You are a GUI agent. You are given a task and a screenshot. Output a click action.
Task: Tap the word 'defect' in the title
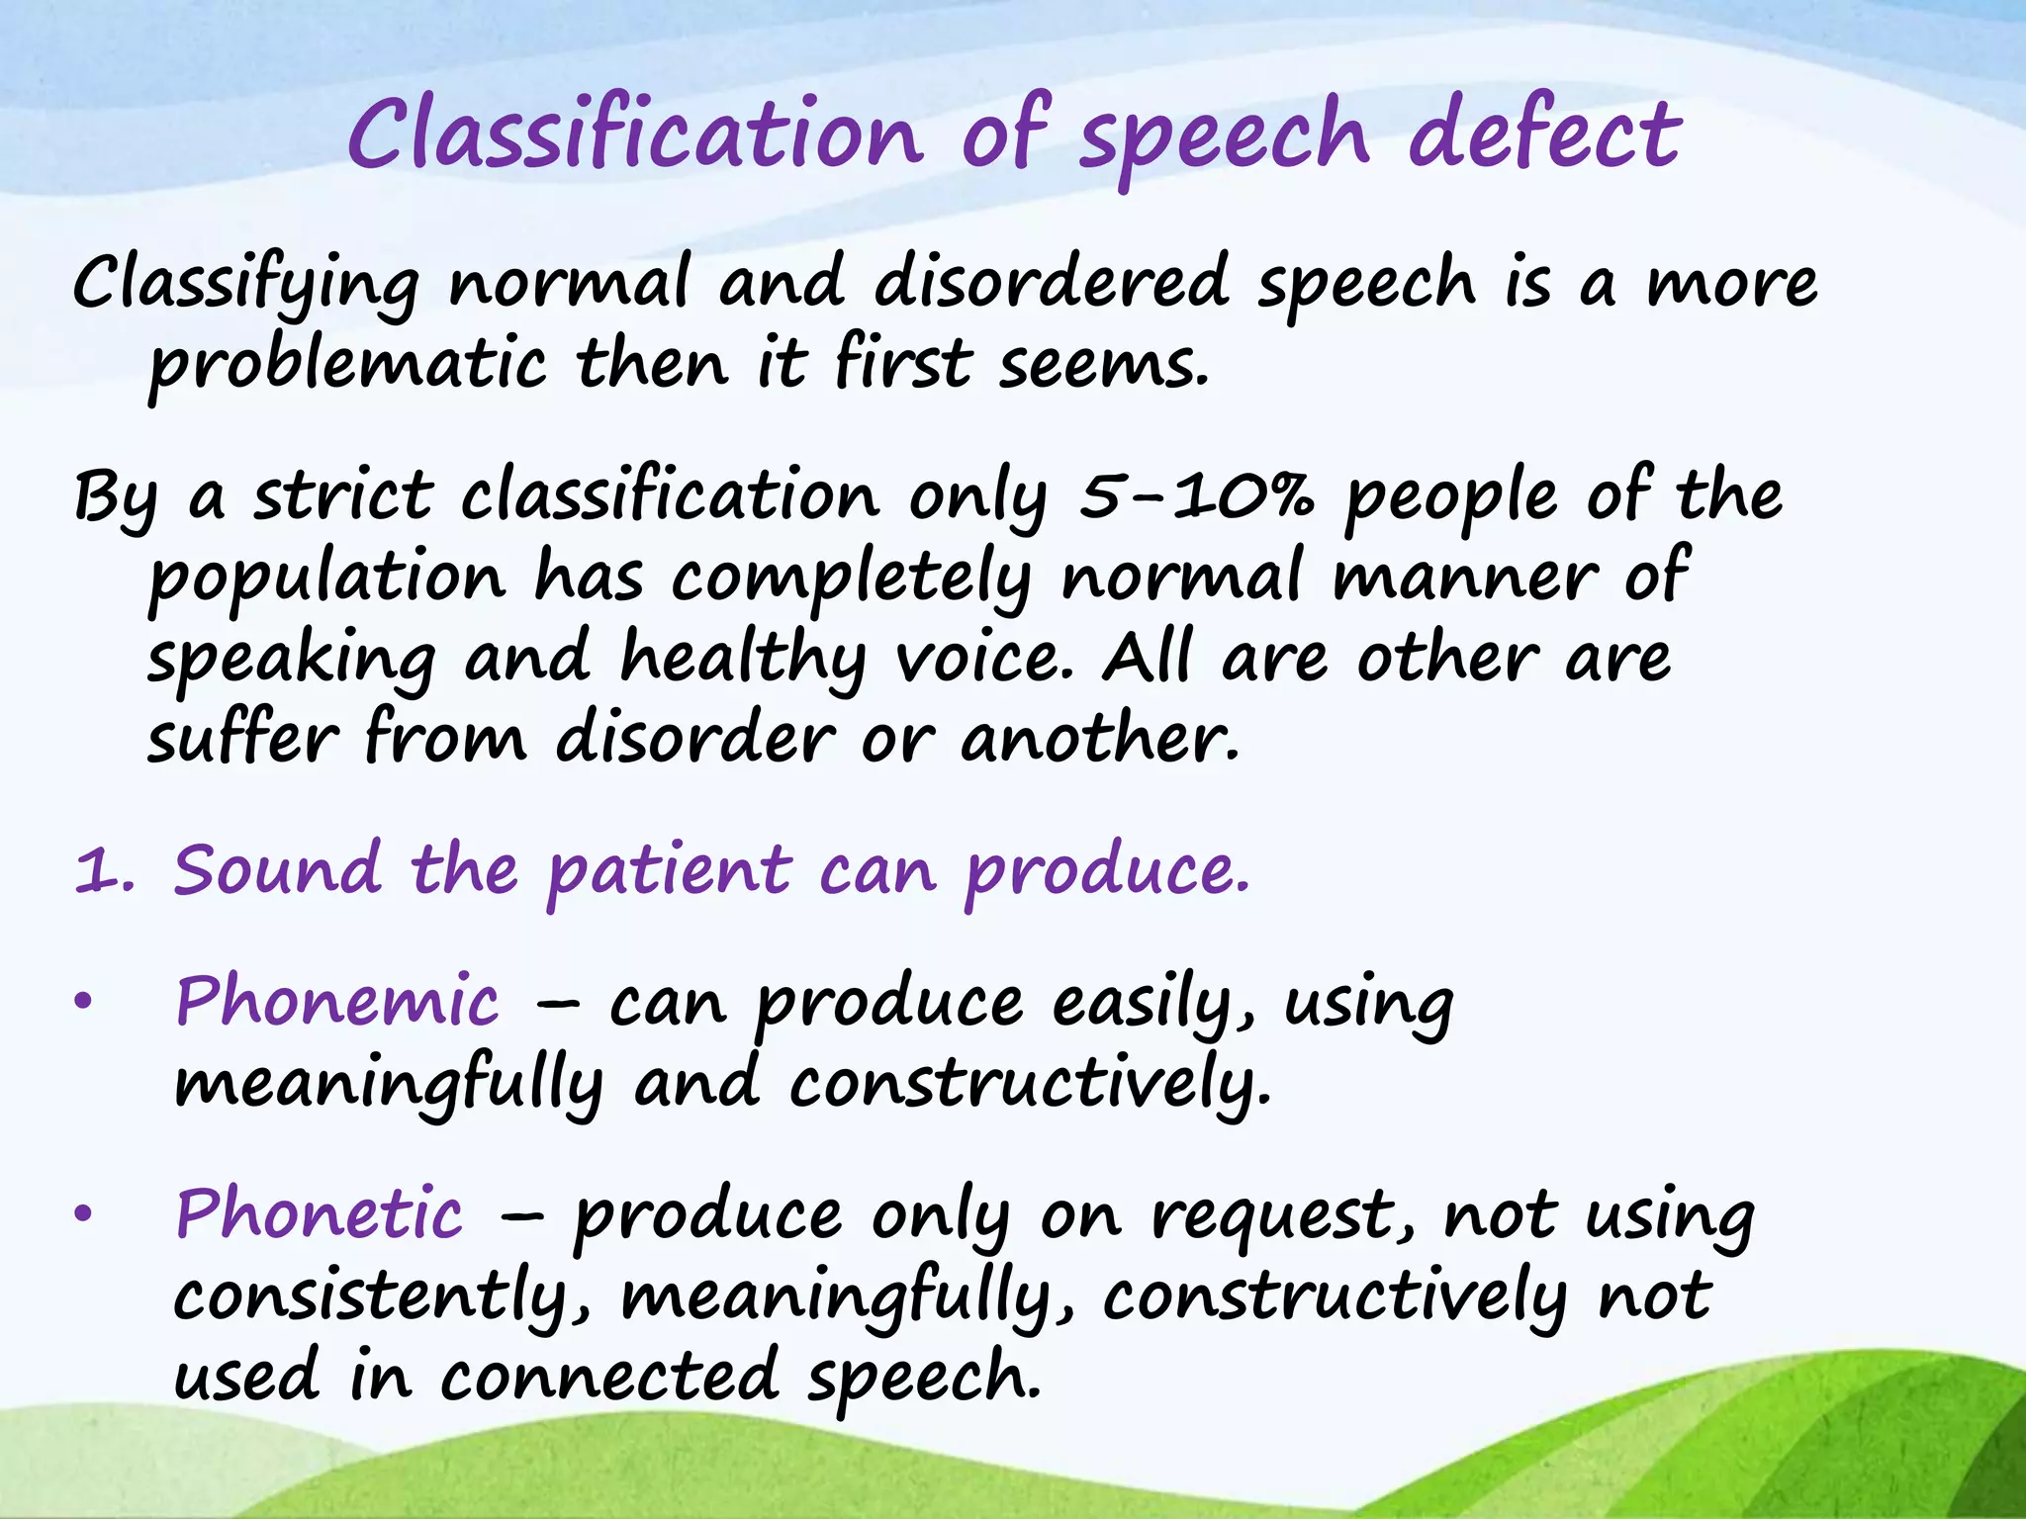click(1543, 135)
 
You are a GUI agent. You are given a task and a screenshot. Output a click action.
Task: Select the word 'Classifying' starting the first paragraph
click(245, 284)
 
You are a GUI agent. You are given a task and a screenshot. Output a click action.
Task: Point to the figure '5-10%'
click(1196, 495)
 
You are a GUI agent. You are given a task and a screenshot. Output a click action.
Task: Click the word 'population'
click(326, 580)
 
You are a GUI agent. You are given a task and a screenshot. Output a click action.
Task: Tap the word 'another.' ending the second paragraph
click(1099, 740)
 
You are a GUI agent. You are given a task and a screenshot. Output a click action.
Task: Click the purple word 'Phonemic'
click(337, 1002)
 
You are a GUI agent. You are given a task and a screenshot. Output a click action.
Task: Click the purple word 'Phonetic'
click(319, 1214)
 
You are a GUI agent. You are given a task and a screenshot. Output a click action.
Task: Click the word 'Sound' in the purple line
click(277, 871)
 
